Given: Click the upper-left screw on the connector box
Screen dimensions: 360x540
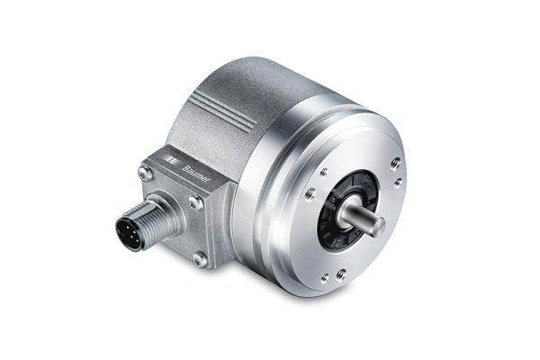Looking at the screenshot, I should click(x=144, y=172).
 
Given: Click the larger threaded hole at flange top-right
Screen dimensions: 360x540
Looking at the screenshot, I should click(x=394, y=163).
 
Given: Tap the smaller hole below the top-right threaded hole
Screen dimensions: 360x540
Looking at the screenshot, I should click(x=397, y=182).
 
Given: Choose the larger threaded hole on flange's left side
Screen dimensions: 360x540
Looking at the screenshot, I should click(x=310, y=193).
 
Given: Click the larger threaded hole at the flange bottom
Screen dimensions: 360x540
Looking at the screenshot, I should click(x=340, y=274).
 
